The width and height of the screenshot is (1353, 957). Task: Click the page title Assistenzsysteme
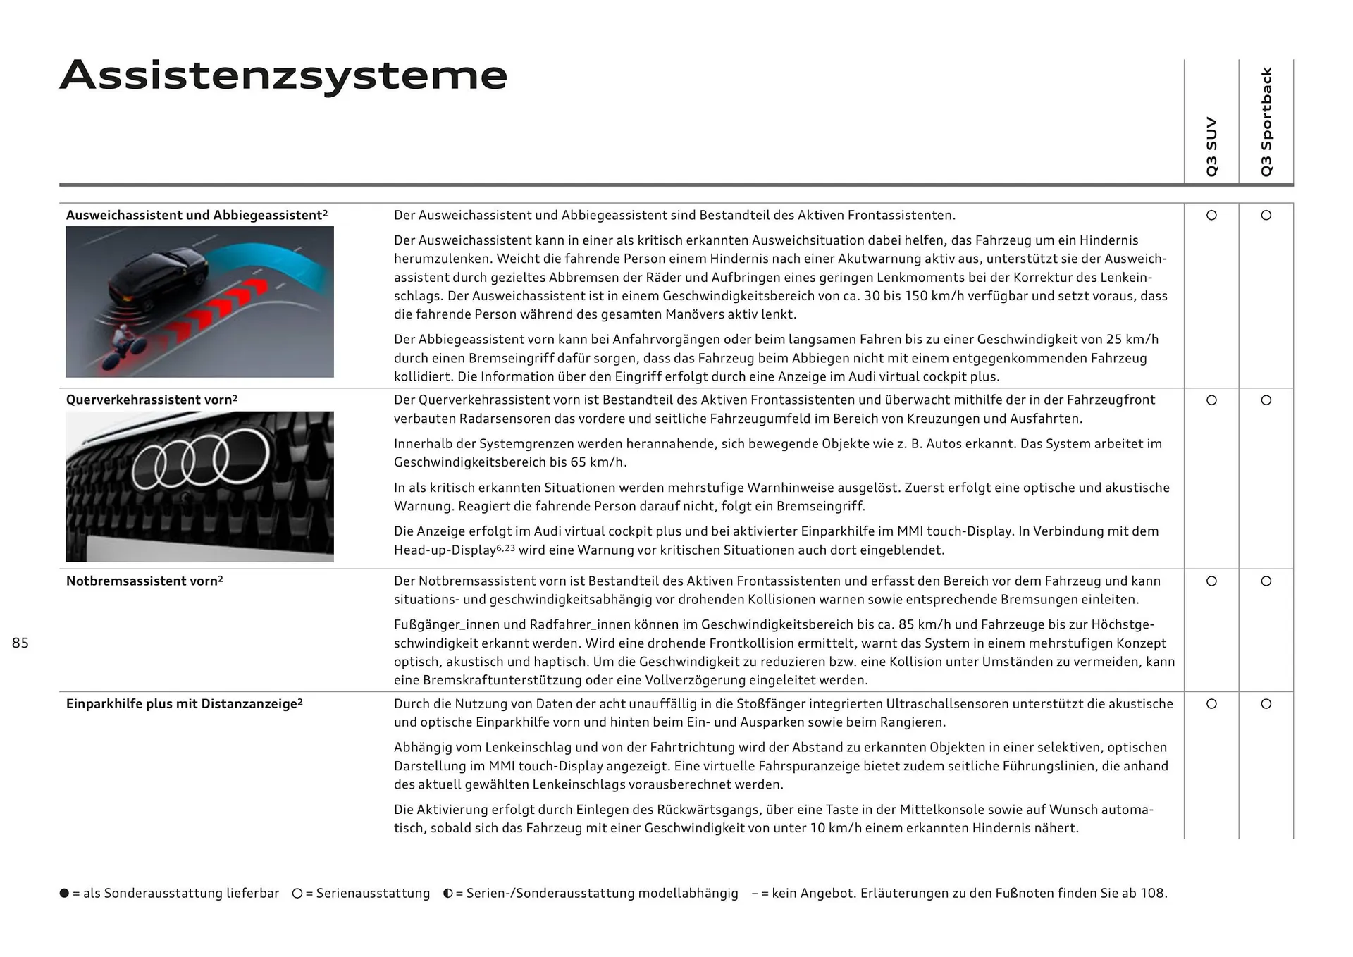pos(283,76)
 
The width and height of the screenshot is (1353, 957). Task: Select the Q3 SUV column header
pos(1211,147)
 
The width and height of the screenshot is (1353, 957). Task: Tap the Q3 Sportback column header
pos(1266,122)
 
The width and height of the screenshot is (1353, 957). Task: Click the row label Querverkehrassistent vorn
pos(152,400)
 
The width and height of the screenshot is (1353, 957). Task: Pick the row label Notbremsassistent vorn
pos(144,581)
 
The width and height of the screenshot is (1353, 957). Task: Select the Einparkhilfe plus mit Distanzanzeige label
pos(184,704)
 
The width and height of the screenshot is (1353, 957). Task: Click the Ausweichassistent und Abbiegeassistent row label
pos(197,216)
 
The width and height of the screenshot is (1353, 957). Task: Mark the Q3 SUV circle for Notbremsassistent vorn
pos(1211,581)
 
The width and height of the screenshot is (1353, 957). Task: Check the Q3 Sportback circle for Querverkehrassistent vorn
pos(1266,400)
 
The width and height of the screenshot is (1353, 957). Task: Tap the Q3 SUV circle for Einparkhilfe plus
pos(1211,704)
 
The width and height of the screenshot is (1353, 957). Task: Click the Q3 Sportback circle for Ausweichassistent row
pos(1266,216)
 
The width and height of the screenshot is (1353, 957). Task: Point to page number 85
pos(20,643)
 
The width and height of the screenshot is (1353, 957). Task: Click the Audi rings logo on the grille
pos(201,458)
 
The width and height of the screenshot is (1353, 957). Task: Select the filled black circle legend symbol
pos(65,894)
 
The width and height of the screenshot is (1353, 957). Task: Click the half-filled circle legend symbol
pos(448,894)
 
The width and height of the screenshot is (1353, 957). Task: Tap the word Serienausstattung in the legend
pos(373,894)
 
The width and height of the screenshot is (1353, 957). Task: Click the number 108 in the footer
pos(1151,894)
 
